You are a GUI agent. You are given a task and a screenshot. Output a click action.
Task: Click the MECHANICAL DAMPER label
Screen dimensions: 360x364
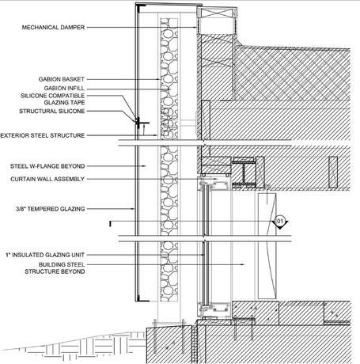click(x=53, y=27)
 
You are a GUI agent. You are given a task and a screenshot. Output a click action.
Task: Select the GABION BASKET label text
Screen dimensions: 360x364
click(x=62, y=79)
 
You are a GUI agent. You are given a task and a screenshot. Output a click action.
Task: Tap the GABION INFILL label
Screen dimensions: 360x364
click(x=64, y=88)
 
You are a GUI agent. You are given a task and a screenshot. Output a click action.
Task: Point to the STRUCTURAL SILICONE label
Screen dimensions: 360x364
click(x=52, y=111)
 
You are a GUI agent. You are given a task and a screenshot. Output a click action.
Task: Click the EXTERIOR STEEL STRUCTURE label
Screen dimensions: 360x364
click(x=43, y=135)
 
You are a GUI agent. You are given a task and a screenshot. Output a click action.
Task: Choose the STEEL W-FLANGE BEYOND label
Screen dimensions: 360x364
click(x=47, y=166)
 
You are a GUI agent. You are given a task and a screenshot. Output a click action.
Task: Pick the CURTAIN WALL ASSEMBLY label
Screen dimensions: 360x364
click(x=47, y=179)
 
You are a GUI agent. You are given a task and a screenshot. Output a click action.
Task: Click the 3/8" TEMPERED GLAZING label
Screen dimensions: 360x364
click(x=51, y=209)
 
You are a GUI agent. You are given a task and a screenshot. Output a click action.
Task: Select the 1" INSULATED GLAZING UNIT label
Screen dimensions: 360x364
click(x=45, y=255)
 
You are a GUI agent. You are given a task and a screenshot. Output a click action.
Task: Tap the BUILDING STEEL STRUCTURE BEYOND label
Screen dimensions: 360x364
click(x=55, y=268)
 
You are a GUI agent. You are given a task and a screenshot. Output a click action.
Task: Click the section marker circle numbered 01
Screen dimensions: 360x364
click(x=279, y=221)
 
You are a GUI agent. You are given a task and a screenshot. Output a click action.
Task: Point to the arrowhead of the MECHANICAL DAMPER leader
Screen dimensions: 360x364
click(x=195, y=27)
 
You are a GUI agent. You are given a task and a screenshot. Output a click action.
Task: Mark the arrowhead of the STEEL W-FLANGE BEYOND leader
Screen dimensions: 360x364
click(x=144, y=166)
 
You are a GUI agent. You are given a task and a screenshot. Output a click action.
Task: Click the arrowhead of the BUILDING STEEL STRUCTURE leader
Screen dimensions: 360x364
click(x=243, y=264)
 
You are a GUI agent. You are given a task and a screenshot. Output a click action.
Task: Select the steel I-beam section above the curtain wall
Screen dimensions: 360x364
click(x=244, y=173)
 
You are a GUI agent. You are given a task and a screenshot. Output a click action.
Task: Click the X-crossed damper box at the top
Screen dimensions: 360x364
click(x=217, y=13)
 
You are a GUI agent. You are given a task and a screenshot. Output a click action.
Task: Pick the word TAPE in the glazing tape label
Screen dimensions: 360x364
click(x=78, y=102)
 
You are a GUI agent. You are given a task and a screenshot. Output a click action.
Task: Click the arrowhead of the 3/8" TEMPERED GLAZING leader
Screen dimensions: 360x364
click(x=134, y=209)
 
